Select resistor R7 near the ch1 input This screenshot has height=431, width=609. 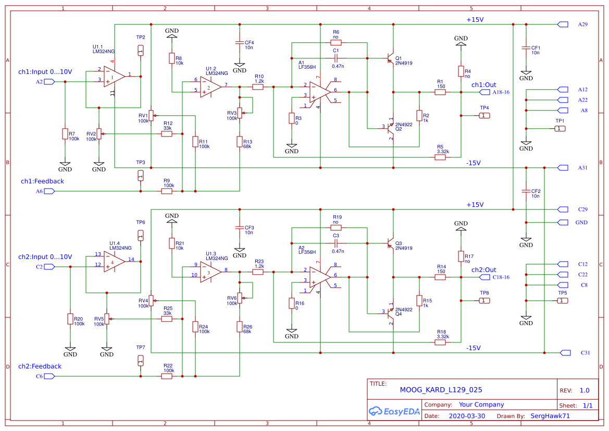tap(65, 134)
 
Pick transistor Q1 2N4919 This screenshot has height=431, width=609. tap(390, 58)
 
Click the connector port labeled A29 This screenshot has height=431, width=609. tap(563, 24)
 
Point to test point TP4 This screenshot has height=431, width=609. tap(483, 115)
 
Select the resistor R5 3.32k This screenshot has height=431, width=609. tap(440, 157)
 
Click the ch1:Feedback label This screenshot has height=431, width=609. tap(42, 181)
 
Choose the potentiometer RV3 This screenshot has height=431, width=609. tap(240, 113)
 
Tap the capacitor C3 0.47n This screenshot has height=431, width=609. tap(336, 243)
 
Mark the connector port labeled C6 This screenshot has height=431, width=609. tap(49, 376)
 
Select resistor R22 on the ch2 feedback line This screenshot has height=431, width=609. tap(167, 376)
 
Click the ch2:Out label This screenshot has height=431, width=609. tap(484, 270)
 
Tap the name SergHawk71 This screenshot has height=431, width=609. tap(550, 416)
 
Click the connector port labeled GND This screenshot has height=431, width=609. tap(563, 223)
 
